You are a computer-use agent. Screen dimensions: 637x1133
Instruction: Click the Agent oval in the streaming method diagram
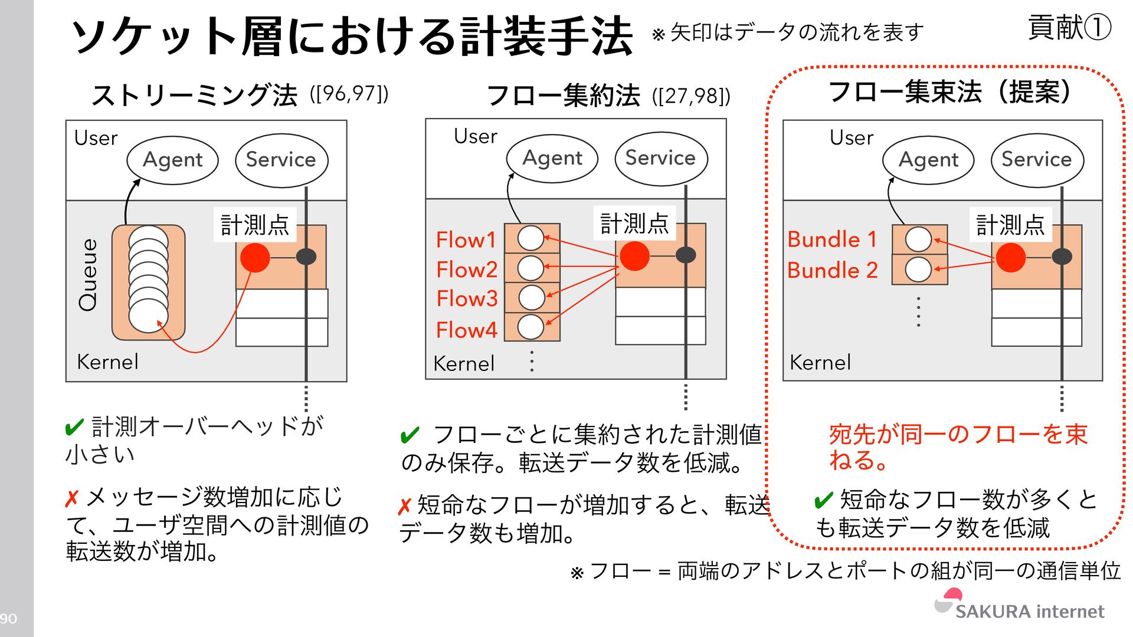coord(172,160)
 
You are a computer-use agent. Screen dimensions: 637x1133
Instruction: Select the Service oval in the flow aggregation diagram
coord(660,158)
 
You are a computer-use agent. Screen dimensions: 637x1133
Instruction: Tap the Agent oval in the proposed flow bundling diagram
coord(928,160)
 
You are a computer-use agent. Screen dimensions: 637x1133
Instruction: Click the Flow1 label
coord(466,240)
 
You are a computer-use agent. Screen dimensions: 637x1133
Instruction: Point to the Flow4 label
coord(466,330)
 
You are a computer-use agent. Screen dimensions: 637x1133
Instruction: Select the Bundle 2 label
coord(832,270)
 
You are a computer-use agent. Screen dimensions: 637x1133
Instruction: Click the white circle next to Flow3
coord(531,297)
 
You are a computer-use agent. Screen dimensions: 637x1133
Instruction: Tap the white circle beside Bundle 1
coord(918,239)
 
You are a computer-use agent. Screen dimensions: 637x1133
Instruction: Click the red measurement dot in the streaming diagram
coord(255,257)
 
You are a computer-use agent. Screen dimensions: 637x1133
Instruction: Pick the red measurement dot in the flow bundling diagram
coord(1010,257)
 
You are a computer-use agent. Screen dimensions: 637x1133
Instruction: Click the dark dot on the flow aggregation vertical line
coord(685,255)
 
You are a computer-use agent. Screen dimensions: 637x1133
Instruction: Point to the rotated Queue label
coord(89,274)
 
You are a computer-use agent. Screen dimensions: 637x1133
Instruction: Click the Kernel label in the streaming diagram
coord(107,362)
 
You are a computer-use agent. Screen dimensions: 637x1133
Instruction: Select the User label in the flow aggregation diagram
coord(475,136)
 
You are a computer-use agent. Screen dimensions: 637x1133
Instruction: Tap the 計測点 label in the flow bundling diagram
coord(1010,225)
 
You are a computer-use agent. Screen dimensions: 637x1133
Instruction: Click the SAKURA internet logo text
coord(1029,611)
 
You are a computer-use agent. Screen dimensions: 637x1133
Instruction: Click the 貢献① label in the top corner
coord(1069,28)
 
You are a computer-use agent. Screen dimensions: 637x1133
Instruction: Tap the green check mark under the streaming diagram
coord(74,427)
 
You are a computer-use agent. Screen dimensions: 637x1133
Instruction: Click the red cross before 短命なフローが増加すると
coord(404,506)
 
